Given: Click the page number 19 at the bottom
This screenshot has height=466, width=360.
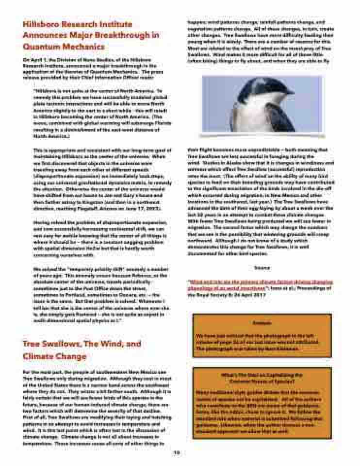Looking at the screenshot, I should click(x=177, y=452).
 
